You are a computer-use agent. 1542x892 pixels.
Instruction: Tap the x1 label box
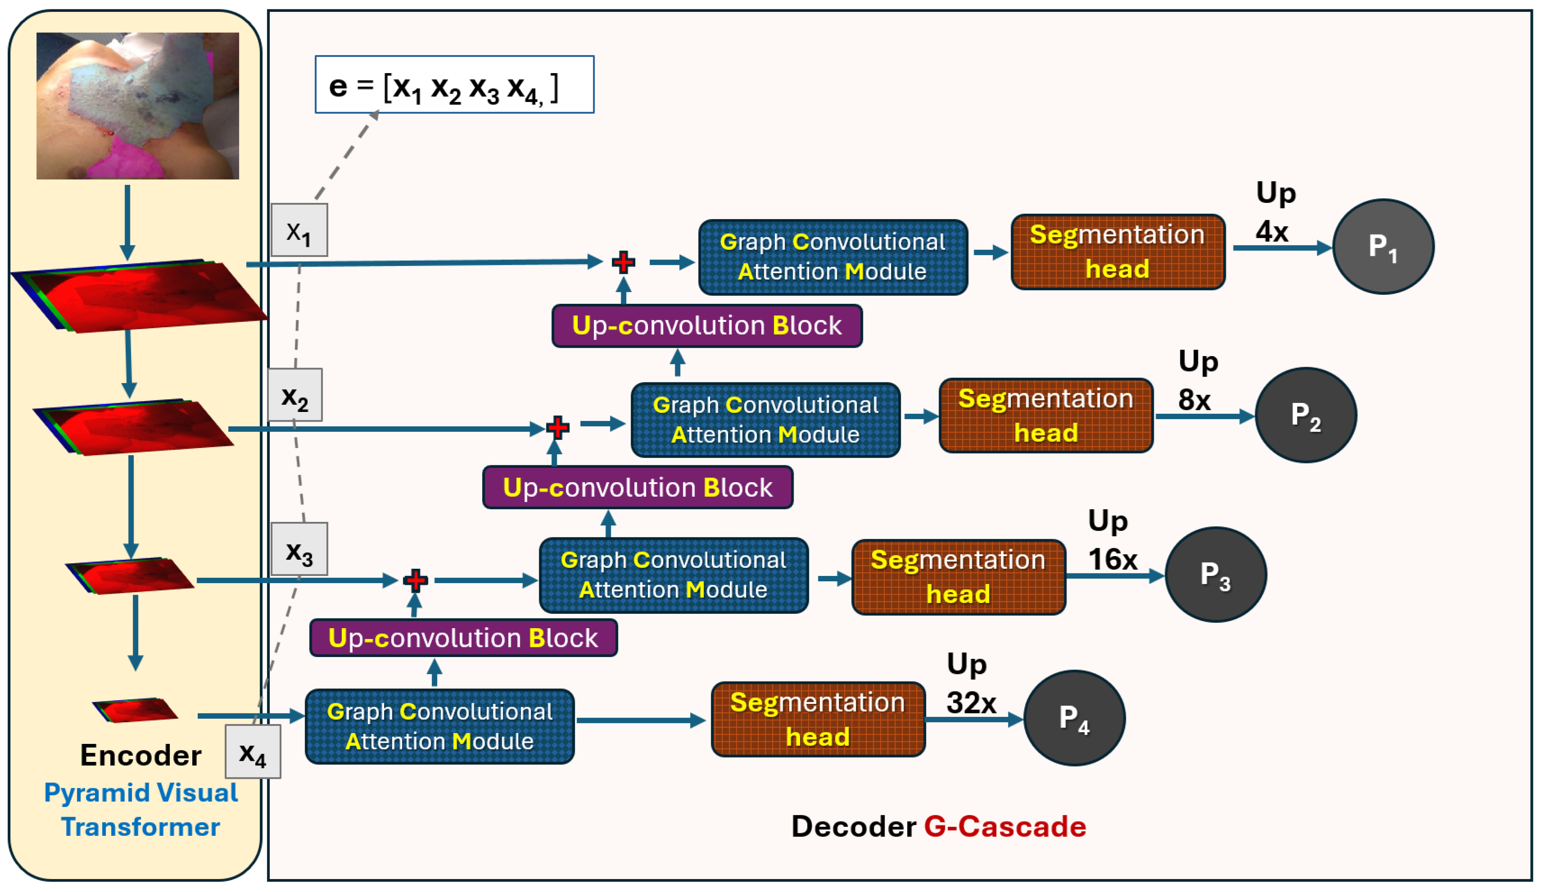(299, 230)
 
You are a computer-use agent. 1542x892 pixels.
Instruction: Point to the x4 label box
(253, 751)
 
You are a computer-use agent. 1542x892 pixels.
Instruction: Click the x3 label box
(299, 549)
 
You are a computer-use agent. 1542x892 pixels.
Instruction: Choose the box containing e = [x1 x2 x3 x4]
(455, 84)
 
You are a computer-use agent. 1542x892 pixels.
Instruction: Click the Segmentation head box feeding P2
(1046, 415)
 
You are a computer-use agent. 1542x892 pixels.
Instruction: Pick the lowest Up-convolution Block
(463, 638)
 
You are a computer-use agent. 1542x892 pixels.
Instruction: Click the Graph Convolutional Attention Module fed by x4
(439, 726)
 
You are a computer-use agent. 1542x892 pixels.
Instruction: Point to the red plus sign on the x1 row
(623, 262)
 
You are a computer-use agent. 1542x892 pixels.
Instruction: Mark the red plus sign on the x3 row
(415, 580)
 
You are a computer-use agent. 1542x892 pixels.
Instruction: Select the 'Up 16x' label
(1112, 540)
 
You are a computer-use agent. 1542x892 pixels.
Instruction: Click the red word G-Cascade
(1005, 826)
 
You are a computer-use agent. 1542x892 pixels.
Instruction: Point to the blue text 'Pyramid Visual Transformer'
(141, 809)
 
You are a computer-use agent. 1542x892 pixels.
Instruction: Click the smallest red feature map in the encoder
(135, 710)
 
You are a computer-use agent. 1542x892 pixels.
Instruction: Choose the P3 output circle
(1216, 574)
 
